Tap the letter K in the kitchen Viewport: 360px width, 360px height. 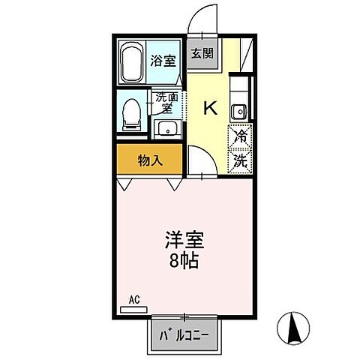pos(211,108)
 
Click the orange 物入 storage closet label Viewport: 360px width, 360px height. pos(148,160)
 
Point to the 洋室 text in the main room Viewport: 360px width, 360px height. pos(183,242)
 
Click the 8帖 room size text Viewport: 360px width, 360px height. pos(183,262)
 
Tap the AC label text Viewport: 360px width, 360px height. pos(134,299)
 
